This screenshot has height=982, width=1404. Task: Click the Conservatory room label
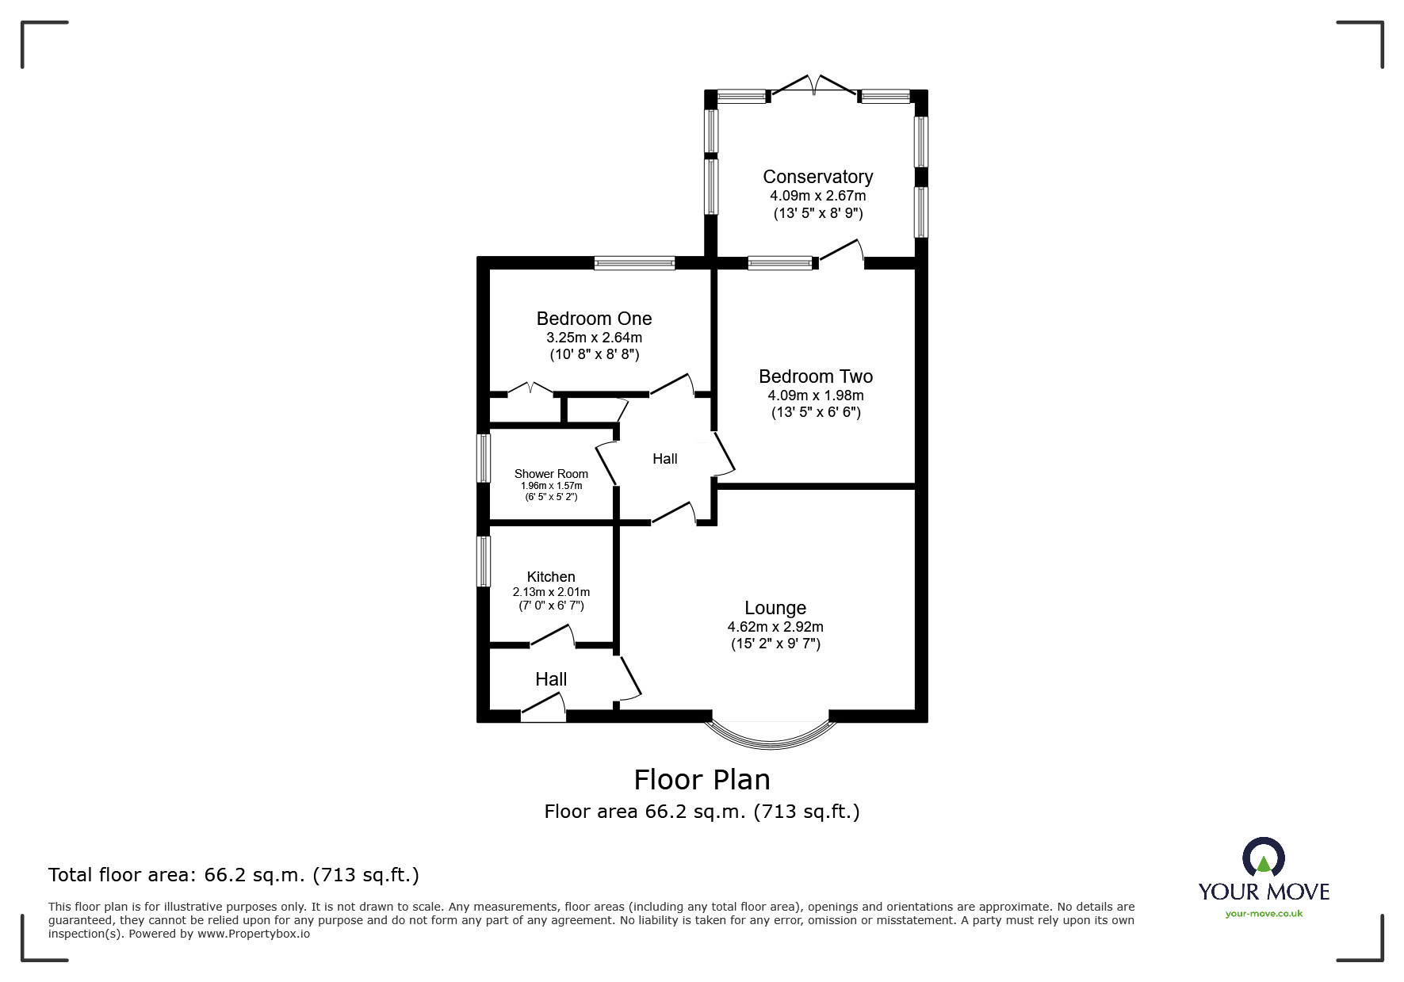817,177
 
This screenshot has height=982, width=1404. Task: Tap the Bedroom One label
594,319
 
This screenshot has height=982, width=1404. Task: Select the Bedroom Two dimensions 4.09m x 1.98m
816,395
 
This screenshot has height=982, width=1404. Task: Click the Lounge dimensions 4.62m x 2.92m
775,627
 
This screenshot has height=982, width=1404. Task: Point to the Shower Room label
551,474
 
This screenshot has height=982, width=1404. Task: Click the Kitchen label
551,577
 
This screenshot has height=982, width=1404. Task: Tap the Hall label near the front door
551,679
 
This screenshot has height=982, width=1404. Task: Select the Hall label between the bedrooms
664,459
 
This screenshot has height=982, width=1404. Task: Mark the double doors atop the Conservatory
814,86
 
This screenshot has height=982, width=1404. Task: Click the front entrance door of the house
544,709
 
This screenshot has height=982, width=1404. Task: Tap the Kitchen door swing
553,636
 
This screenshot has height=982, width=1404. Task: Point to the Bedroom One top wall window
634,263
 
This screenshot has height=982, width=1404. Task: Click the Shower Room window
483,457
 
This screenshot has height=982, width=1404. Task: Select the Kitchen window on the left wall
483,561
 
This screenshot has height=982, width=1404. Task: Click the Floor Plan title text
702,780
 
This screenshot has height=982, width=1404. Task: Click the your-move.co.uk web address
1264,914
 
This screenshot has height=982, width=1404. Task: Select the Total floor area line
234,875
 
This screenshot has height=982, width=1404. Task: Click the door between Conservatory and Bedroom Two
840,252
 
